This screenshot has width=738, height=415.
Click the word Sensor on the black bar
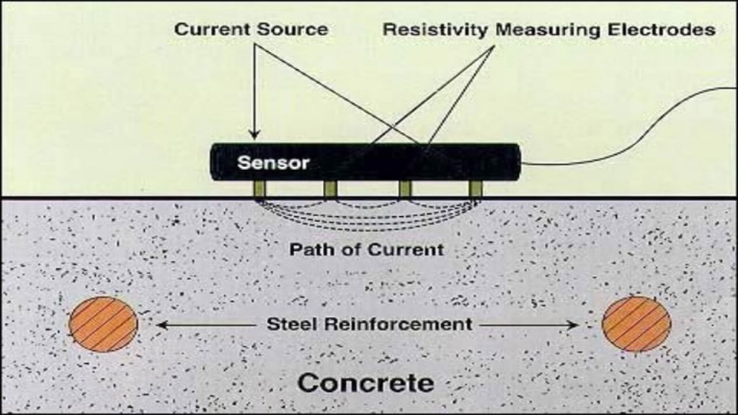(273, 162)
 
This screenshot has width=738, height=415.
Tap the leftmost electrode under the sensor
(259, 189)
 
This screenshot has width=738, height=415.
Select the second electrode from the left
(330, 189)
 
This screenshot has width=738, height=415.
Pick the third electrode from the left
(405, 189)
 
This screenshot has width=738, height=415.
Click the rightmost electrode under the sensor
(475, 189)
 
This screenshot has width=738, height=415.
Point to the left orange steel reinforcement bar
(103, 324)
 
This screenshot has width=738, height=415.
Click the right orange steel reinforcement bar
(636, 324)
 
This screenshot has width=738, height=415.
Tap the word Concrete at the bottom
(366, 382)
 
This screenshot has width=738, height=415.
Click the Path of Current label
(366, 250)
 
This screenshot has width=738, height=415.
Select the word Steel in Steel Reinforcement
(292, 323)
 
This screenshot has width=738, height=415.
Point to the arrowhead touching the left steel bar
(161, 325)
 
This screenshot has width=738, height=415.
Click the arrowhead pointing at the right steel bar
(574, 325)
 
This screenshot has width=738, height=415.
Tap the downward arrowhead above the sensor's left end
(254, 134)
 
